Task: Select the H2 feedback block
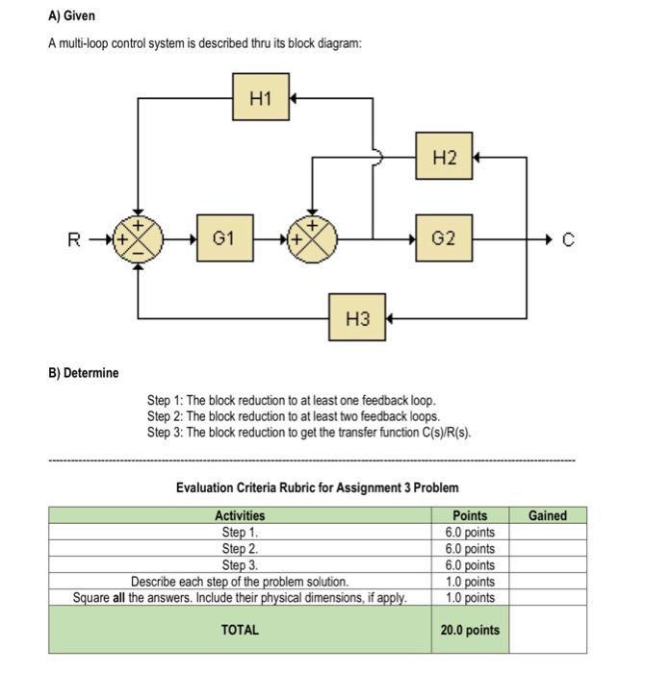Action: [x=444, y=156]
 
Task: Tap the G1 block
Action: [x=223, y=237]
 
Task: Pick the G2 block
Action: [x=444, y=237]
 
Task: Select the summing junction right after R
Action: [x=138, y=237]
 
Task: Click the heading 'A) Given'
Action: [x=72, y=17]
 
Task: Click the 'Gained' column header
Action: [x=547, y=516]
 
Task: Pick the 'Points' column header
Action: [x=470, y=516]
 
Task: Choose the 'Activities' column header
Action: [x=240, y=516]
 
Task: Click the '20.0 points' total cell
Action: [x=470, y=631]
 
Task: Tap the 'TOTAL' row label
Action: [x=240, y=631]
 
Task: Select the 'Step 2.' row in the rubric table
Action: [x=240, y=548]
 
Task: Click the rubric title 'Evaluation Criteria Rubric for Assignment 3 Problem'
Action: [x=317, y=488]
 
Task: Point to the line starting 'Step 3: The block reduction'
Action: [x=308, y=432]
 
